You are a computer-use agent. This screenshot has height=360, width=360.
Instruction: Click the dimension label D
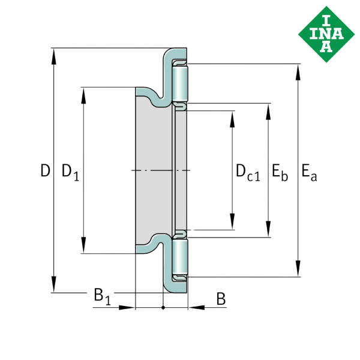45,172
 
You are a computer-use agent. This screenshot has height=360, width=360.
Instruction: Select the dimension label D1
70,172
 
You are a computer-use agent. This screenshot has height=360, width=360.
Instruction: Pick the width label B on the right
221,298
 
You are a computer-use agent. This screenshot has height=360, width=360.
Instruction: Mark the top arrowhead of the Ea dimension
298,73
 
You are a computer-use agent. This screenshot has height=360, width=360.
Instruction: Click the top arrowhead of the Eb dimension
268,110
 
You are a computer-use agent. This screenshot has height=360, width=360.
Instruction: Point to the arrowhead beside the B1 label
126,307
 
